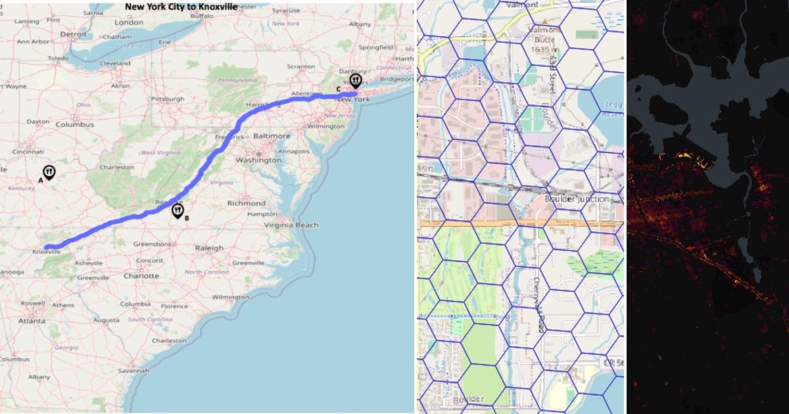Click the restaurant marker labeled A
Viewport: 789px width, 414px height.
pos(49,172)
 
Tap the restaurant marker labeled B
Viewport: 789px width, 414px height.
pos(178,210)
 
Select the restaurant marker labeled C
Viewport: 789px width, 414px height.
pos(356,81)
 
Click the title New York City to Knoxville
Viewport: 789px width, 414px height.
pos(181,7)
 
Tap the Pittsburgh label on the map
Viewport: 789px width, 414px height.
pos(167,99)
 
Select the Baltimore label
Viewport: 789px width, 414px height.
pos(272,136)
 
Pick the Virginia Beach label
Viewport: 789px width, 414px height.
pos(291,225)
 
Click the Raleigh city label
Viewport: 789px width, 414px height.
pos(209,248)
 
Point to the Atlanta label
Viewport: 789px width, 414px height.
pos(32,321)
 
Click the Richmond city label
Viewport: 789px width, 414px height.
pos(247,203)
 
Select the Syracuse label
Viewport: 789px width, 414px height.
pos(286,11)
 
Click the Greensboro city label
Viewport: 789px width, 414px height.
pos(153,244)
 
